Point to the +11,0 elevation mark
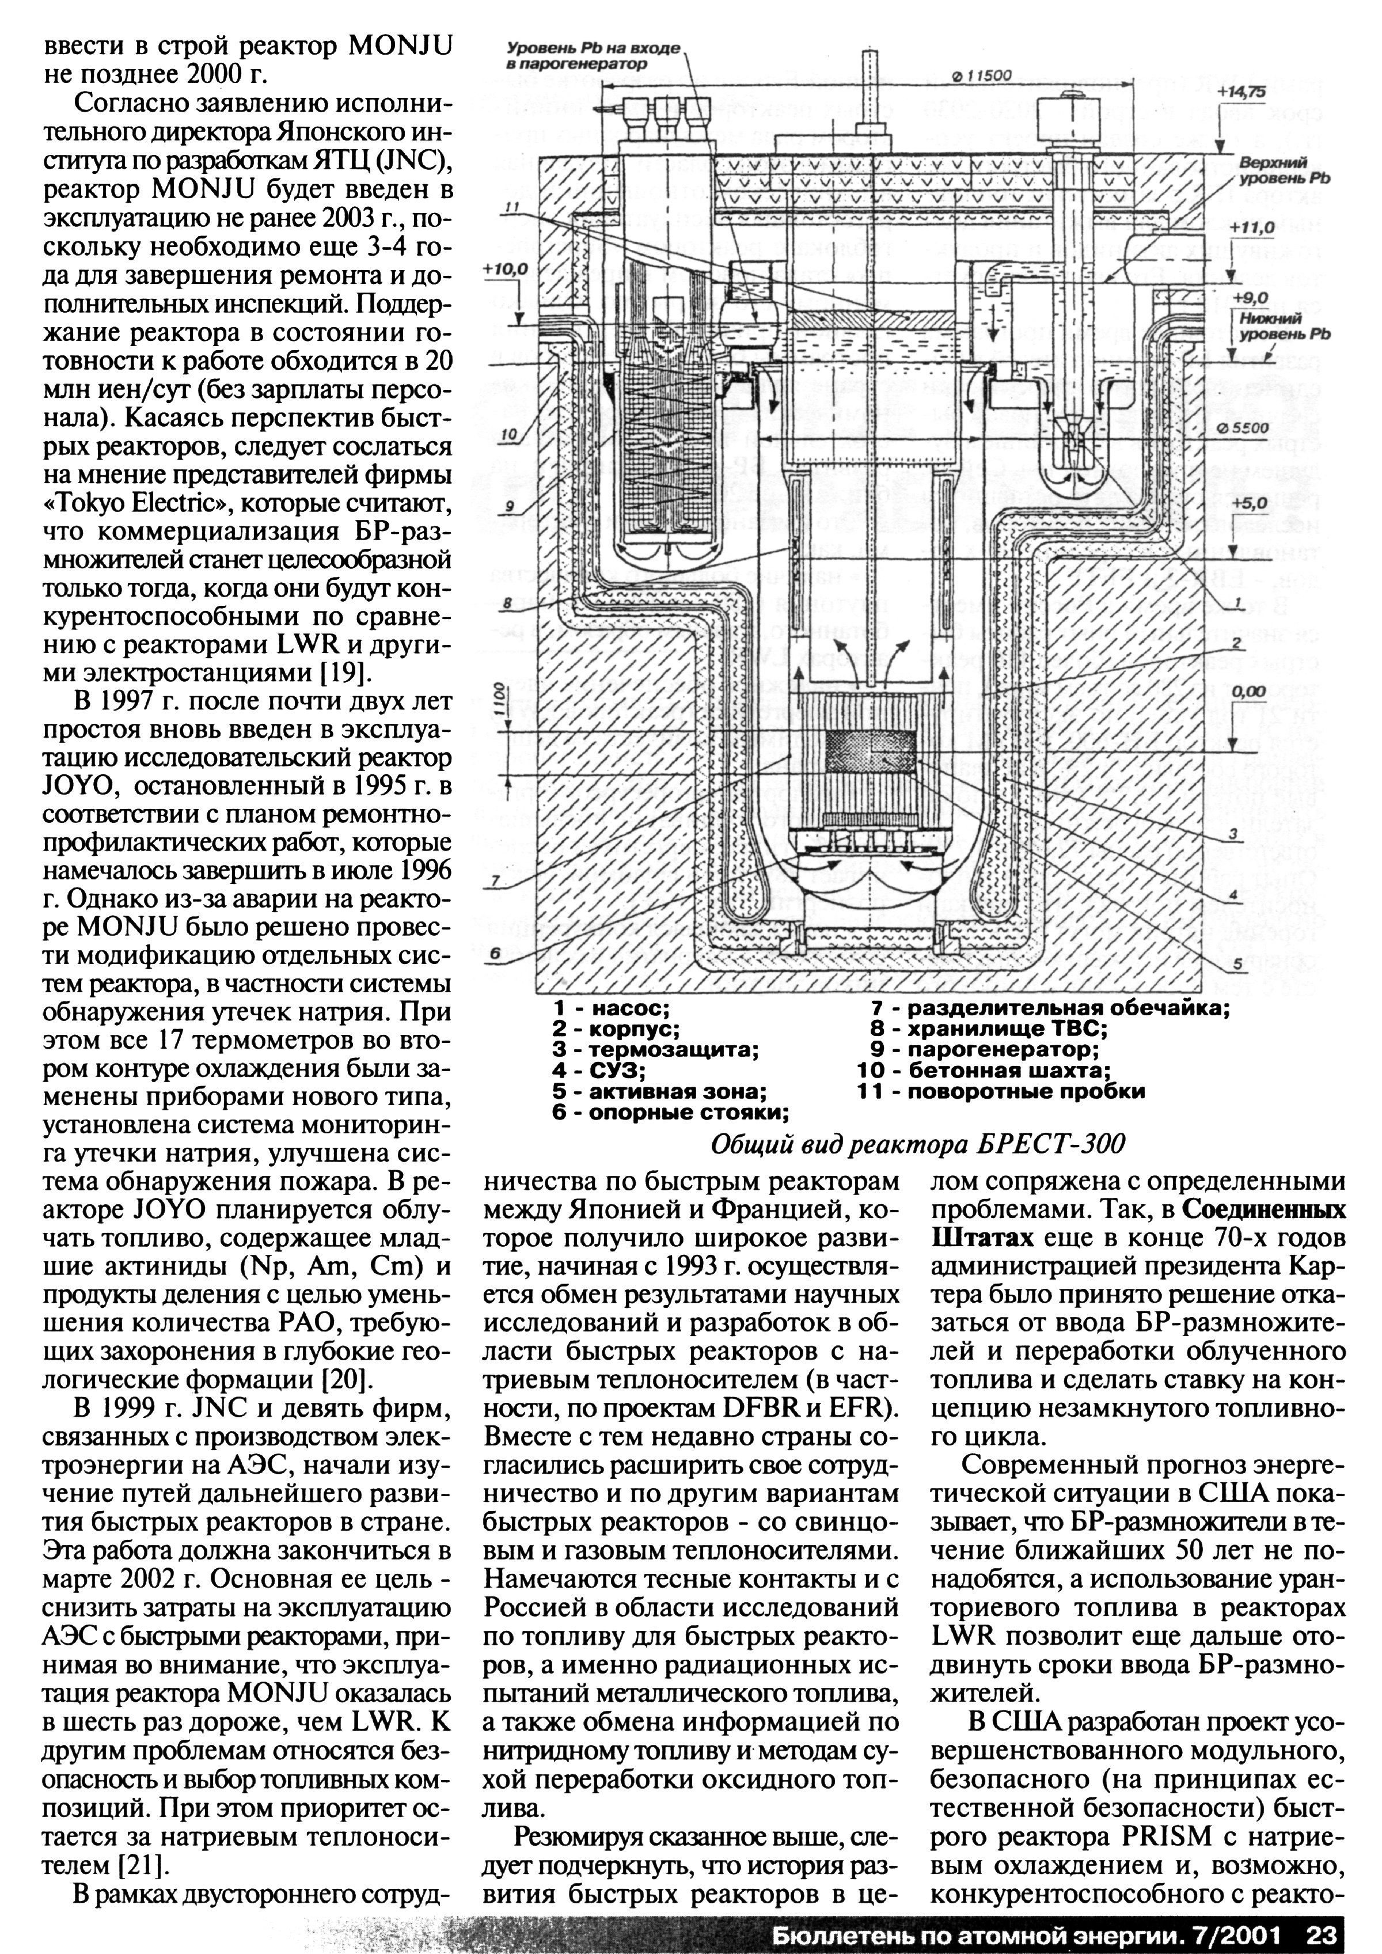(1252, 227)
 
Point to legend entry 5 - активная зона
(659, 1092)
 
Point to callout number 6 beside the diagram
(493, 955)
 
